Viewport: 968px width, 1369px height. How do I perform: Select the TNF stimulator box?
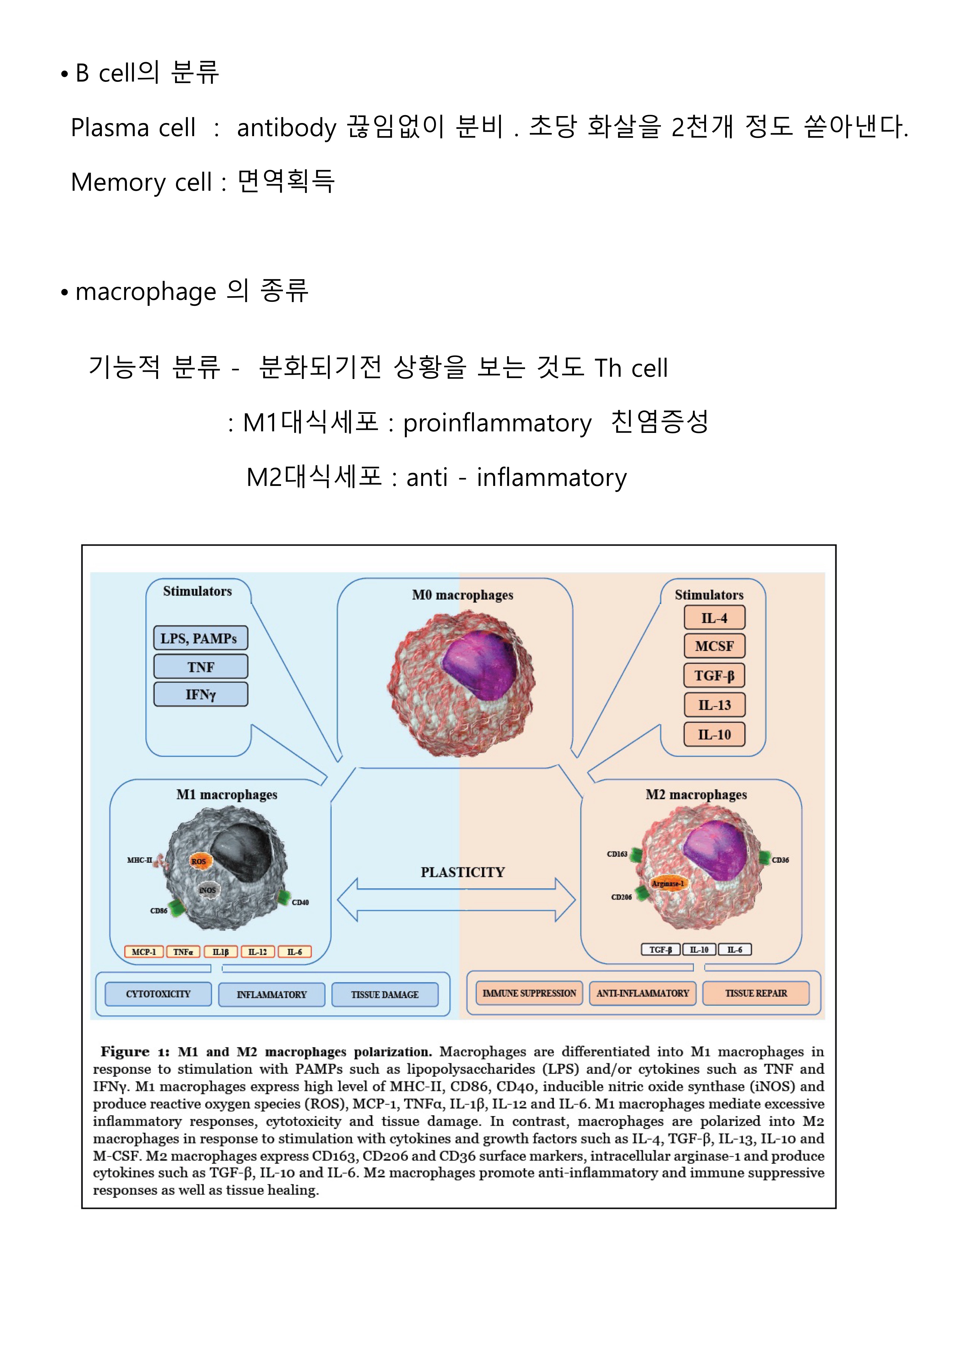(x=200, y=667)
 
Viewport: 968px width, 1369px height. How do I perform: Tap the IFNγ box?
(x=200, y=695)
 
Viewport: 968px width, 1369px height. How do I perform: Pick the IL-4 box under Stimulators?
(x=714, y=618)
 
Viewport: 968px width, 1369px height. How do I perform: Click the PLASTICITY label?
(x=463, y=872)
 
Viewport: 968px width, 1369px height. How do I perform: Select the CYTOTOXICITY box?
(x=158, y=994)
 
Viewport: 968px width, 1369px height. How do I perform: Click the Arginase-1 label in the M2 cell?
(x=667, y=884)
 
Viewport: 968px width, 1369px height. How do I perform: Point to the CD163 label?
(x=617, y=854)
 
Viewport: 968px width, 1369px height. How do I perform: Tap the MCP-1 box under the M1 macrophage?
(x=144, y=952)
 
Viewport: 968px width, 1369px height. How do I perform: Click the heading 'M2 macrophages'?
(x=696, y=795)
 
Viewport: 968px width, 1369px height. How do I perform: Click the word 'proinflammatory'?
(x=497, y=423)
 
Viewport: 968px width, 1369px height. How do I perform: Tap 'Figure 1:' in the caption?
(x=135, y=1052)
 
